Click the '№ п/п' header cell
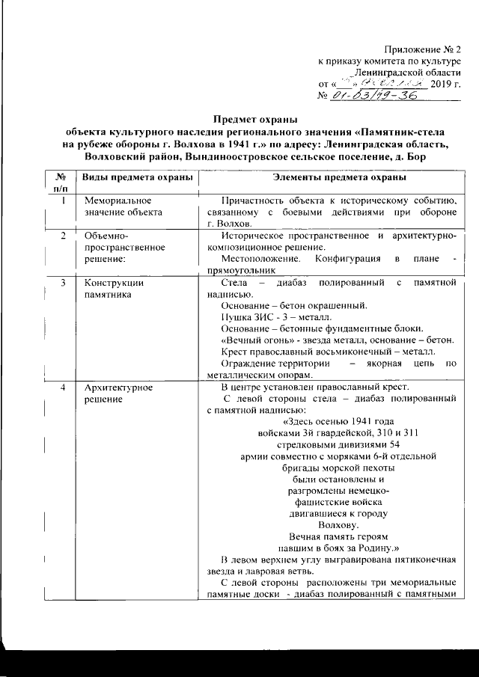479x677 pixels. [x=58, y=183]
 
